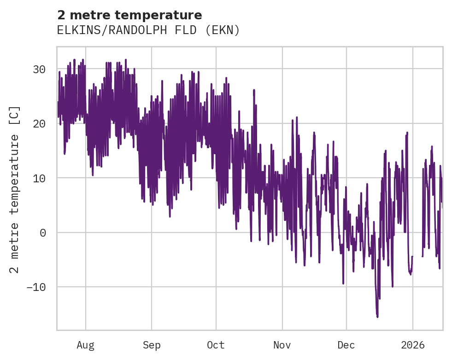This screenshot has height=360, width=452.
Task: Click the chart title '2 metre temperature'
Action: click(129, 15)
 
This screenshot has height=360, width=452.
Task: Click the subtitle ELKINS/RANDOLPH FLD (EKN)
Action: click(148, 30)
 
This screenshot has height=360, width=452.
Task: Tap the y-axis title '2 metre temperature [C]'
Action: click(15, 189)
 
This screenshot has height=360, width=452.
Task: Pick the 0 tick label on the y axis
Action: click(42, 233)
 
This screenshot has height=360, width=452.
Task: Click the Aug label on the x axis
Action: click(85, 345)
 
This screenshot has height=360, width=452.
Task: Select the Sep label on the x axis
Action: click(151, 345)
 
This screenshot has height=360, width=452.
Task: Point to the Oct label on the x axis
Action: click(216, 345)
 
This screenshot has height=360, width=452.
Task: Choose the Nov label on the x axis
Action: click(282, 345)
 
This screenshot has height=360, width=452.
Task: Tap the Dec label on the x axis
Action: click(346, 345)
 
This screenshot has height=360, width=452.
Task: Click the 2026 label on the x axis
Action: click(413, 345)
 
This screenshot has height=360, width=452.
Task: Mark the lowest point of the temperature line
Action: click(377, 317)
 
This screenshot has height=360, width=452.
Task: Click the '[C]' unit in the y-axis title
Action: click(15, 115)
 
